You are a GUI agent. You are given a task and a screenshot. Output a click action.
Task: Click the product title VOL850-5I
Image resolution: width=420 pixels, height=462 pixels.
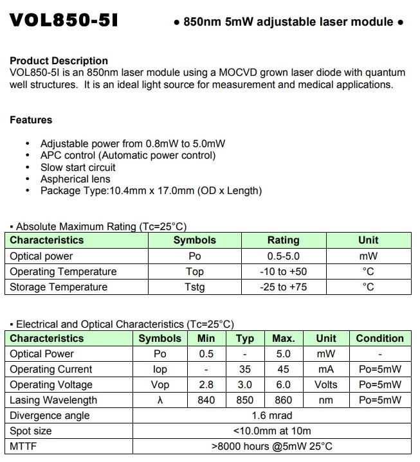point(64,21)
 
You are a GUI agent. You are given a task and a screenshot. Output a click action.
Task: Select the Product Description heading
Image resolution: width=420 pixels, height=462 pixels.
point(59,62)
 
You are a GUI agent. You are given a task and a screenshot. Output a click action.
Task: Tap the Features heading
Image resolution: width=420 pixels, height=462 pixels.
point(31,120)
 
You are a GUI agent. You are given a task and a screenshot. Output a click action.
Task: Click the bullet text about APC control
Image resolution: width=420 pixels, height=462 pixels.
point(128,155)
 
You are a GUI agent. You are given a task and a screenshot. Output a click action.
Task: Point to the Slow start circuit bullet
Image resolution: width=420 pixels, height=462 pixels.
point(78,167)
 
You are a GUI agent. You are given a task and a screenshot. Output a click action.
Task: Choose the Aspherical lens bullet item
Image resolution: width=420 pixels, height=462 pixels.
point(75,179)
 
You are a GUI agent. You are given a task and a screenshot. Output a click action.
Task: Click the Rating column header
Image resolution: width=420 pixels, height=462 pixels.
point(283,240)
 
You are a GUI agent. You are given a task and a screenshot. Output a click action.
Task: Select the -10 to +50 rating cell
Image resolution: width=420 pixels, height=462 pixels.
point(283,272)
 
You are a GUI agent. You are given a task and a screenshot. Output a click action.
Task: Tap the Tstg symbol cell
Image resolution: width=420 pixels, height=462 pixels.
point(194,287)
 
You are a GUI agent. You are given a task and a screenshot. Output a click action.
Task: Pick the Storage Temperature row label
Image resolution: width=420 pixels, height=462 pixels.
point(59,287)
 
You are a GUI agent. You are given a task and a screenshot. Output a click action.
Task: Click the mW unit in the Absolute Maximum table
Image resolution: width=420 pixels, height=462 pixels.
point(369,256)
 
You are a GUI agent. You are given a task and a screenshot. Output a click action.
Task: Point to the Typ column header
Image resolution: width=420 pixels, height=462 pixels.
point(245,339)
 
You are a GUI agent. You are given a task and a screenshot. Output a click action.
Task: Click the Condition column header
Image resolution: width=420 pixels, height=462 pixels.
point(379,339)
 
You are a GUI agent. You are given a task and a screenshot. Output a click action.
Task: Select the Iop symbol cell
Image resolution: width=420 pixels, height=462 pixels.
point(160,369)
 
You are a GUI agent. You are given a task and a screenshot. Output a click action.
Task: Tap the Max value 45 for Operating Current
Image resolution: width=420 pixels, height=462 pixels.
point(283,369)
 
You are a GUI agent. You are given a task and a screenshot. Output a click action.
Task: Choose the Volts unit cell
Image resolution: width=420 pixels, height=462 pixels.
point(325,385)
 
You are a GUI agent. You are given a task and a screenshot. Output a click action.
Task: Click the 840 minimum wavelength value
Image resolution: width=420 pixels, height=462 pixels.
point(206,400)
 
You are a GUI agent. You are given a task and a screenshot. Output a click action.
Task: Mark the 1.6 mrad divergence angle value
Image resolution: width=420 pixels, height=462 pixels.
point(273,416)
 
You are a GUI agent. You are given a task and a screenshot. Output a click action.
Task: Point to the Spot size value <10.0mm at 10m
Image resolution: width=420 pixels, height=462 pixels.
point(273,431)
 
